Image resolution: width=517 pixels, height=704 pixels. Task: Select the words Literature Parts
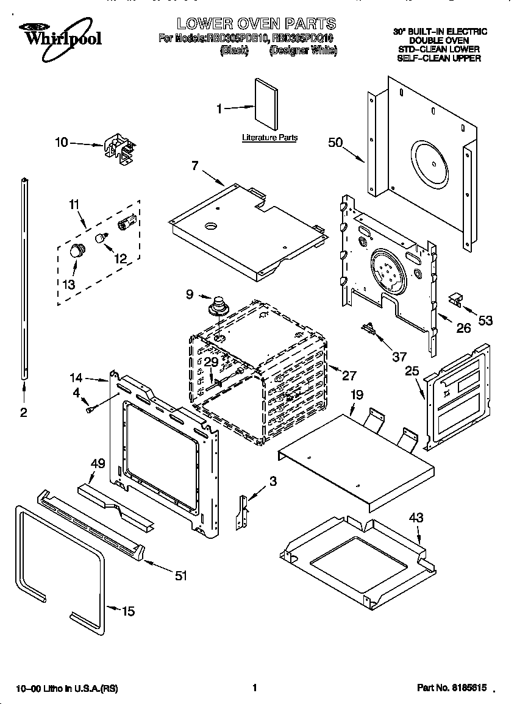(x=269, y=138)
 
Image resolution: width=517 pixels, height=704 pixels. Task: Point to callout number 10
(x=62, y=143)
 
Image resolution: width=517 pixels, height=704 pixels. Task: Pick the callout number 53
(x=485, y=321)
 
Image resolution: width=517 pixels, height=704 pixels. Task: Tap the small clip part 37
(x=369, y=329)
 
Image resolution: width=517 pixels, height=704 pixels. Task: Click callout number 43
(x=416, y=518)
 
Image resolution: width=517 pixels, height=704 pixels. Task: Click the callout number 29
(x=210, y=362)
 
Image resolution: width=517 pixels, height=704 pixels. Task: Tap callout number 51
(x=180, y=575)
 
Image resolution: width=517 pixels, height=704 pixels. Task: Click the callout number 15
(x=127, y=611)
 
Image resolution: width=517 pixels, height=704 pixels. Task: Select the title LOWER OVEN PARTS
(x=256, y=24)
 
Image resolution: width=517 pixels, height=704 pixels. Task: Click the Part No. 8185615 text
(x=452, y=688)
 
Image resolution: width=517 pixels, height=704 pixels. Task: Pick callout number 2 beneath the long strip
(x=23, y=413)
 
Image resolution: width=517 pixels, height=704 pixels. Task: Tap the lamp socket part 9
(x=217, y=305)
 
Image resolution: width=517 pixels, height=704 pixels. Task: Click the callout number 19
(x=357, y=395)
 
